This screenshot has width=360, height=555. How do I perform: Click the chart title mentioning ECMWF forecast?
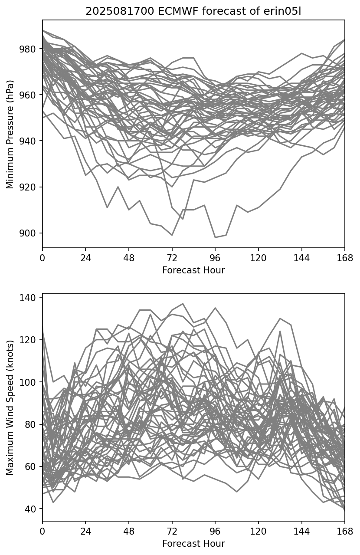193,11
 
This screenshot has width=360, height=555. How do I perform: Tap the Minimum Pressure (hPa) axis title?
10,134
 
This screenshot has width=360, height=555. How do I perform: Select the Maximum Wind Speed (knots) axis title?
10,407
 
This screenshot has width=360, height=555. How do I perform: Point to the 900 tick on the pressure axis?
31,233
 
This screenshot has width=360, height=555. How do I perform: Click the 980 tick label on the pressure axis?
31,49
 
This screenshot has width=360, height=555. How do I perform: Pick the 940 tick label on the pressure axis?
31,141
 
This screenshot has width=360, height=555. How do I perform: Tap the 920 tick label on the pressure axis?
31,187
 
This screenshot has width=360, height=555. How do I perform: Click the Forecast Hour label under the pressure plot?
193,270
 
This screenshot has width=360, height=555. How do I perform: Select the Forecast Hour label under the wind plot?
193,544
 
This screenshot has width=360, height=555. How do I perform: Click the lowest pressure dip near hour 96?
215,237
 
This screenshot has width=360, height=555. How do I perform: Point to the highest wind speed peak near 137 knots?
183,304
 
